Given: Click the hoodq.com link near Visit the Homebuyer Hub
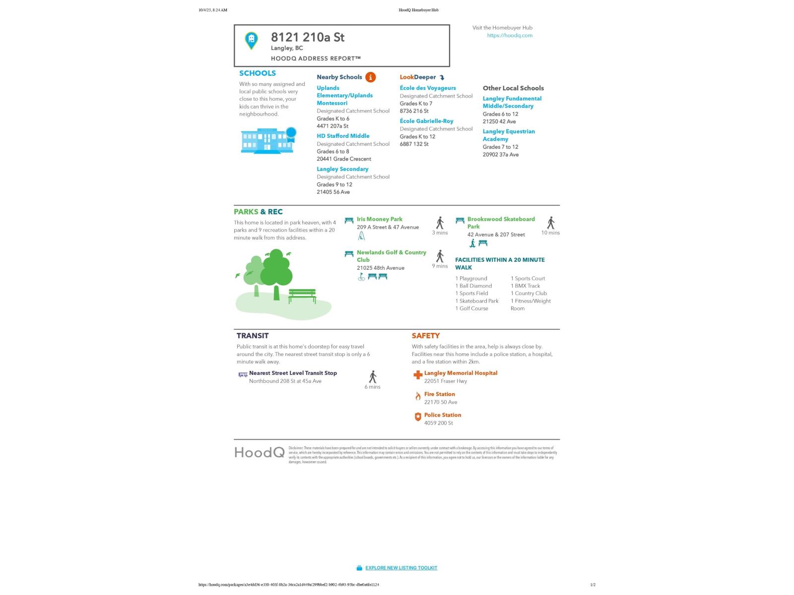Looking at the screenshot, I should (x=510, y=36).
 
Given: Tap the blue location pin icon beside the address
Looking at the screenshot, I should (x=252, y=40).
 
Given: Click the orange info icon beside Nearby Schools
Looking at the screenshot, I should (x=370, y=77).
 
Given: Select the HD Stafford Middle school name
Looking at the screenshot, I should (x=343, y=136).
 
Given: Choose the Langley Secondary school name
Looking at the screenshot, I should (x=342, y=169).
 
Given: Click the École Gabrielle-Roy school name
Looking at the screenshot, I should (x=426, y=121).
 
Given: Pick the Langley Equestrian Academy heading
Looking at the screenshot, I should (x=508, y=135).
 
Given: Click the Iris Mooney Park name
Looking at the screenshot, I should (x=379, y=219).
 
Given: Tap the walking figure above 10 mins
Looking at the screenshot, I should (x=550, y=223).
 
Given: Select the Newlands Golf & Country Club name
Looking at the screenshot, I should (x=391, y=256).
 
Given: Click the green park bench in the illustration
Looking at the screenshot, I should (x=302, y=296).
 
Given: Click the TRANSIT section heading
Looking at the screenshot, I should (x=253, y=336).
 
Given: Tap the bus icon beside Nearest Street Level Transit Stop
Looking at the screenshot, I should (x=243, y=374).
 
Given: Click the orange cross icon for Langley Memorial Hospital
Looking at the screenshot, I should (x=418, y=375).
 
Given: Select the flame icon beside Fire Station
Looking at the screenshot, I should (x=418, y=396).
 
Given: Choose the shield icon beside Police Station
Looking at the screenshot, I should (x=418, y=417).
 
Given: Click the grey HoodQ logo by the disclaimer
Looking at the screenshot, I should (x=260, y=453).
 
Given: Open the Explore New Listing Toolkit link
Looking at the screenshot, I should (x=401, y=568).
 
